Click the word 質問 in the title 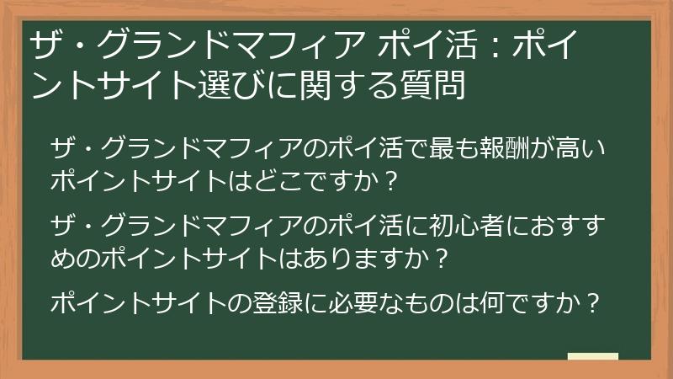point(435,84)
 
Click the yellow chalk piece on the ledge point(592,356)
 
